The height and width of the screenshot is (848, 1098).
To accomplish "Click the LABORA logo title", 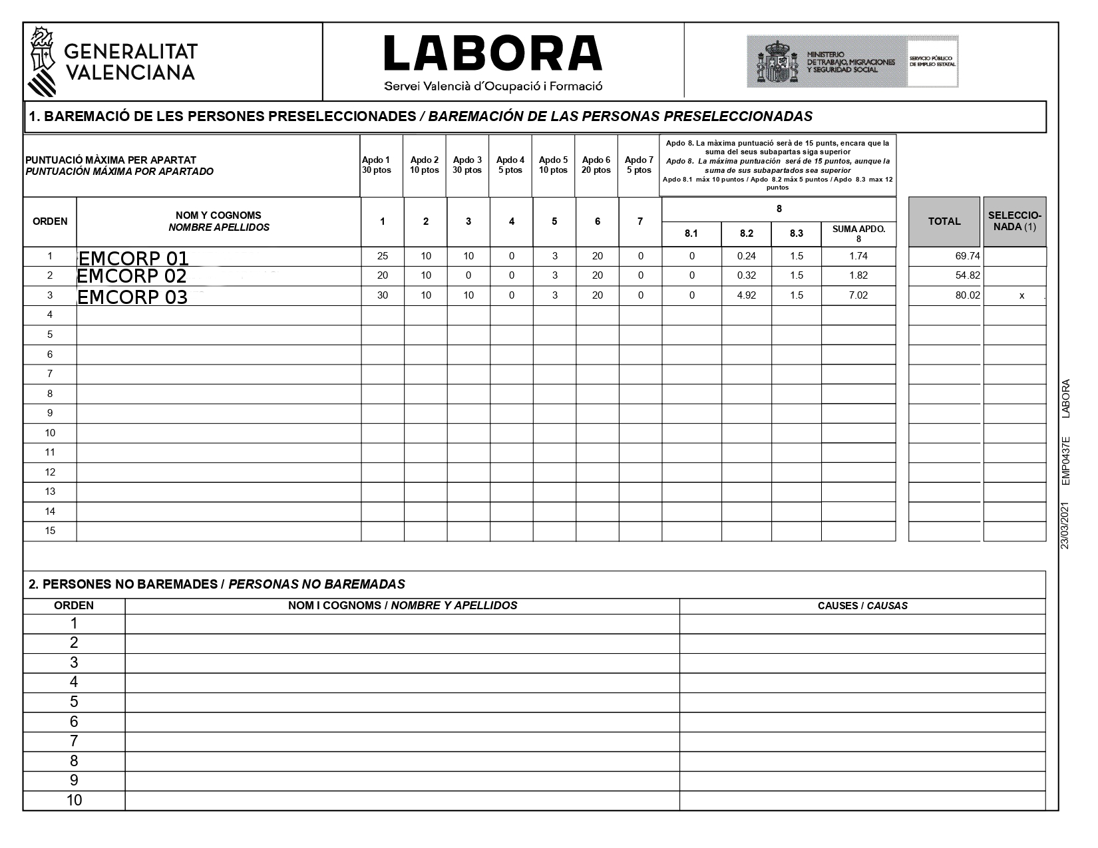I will click(x=493, y=53).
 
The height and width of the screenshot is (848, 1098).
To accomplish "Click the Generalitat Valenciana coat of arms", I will click(x=43, y=62).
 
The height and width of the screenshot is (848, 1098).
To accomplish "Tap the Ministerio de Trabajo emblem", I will click(x=777, y=62).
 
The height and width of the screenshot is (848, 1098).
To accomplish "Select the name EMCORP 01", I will click(x=133, y=258).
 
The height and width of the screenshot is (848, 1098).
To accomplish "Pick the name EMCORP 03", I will click(x=132, y=297).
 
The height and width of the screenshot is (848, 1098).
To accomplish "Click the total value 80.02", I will click(x=968, y=295).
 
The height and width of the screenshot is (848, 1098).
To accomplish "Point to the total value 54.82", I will click(x=968, y=275).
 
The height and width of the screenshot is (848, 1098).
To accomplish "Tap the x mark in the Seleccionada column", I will click(x=1021, y=296).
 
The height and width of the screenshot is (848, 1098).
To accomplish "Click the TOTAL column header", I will click(x=944, y=221).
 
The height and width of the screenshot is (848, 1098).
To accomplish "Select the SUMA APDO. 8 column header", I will click(x=858, y=233).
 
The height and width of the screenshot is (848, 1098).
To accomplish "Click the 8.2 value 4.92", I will click(x=747, y=295).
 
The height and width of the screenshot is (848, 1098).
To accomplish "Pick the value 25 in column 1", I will click(x=383, y=256).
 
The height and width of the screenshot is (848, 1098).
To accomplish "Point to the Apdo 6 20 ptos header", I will click(x=596, y=165).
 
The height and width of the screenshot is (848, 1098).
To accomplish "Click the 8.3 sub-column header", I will click(x=797, y=233).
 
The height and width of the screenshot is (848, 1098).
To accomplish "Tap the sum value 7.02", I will click(x=858, y=295).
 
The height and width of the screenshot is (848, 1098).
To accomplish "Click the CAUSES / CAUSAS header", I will click(x=862, y=606).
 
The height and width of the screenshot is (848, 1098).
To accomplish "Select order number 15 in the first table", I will click(x=50, y=531).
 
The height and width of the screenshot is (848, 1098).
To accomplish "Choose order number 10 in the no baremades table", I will click(x=74, y=800).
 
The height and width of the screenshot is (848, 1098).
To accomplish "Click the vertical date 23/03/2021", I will click(x=1065, y=525).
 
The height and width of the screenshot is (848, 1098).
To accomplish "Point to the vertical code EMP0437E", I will click(x=1065, y=461).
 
